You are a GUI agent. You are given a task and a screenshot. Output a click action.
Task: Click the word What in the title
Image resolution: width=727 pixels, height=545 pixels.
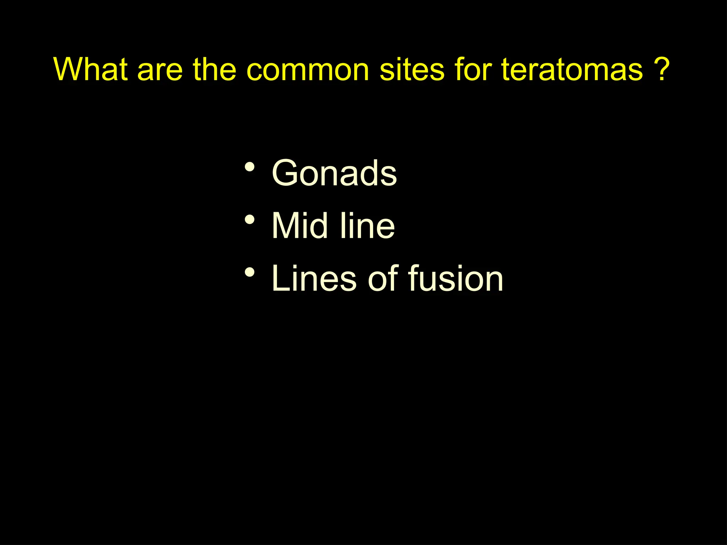pyautogui.click(x=91, y=69)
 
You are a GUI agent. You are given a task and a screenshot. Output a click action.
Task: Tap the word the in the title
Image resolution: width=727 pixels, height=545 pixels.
pyautogui.click(x=214, y=69)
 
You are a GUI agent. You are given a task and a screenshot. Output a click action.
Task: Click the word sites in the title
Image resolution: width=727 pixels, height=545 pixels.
pyautogui.click(x=412, y=69)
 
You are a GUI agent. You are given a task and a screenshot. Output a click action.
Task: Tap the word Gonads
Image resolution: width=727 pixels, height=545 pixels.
pyautogui.click(x=334, y=173)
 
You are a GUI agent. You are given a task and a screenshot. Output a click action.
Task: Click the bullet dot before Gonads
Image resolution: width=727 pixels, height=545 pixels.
pyautogui.click(x=250, y=167)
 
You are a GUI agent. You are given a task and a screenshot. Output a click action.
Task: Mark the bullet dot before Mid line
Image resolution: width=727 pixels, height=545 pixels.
pyautogui.click(x=250, y=220)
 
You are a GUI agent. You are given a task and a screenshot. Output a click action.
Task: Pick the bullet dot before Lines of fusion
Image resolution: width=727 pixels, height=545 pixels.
pyautogui.click(x=250, y=272)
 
